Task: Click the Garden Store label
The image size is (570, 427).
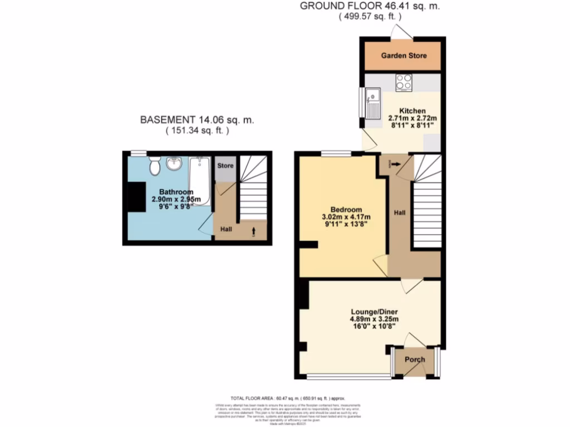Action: point(400,56)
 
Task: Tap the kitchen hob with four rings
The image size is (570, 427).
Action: point(404,83)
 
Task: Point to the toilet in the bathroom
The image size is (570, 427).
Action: point(155,164)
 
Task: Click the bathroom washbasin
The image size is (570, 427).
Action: point(175,163)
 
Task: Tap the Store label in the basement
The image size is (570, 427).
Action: point(225,166)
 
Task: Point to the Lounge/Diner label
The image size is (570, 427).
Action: point(374,311)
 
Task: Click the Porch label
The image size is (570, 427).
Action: point(415,360)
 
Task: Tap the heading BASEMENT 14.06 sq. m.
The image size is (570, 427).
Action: point(196,120)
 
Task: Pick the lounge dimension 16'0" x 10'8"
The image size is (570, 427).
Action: point(374,327)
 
